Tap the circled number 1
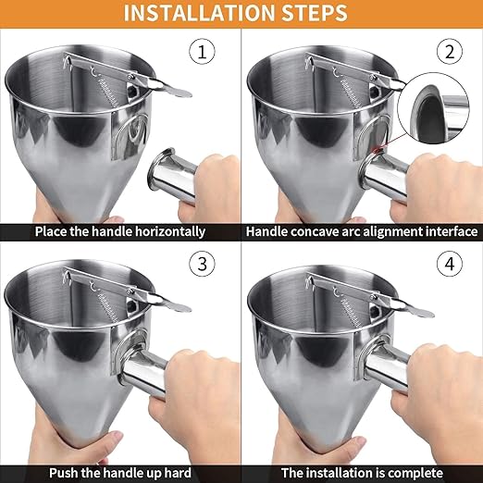coord(203,51)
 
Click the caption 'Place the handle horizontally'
coord(120,231)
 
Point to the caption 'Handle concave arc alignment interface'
coord(362,231)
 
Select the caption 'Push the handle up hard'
coord(120,471)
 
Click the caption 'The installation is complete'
coord(362,471)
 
